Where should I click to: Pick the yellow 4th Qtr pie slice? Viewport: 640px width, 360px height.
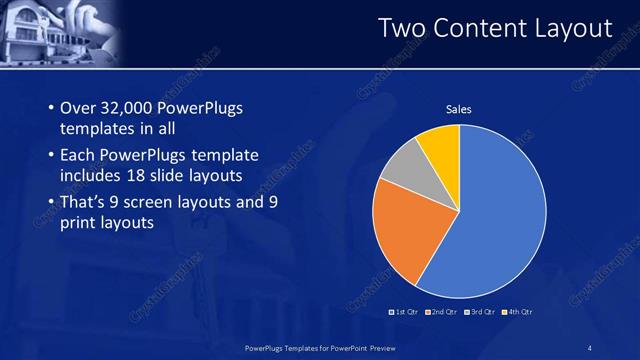coord(441,145)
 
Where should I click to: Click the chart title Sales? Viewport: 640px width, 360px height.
coord(458,110)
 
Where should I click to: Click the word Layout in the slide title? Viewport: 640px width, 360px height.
coord(571,30)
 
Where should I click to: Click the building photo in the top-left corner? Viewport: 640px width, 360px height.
coord(55,32)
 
